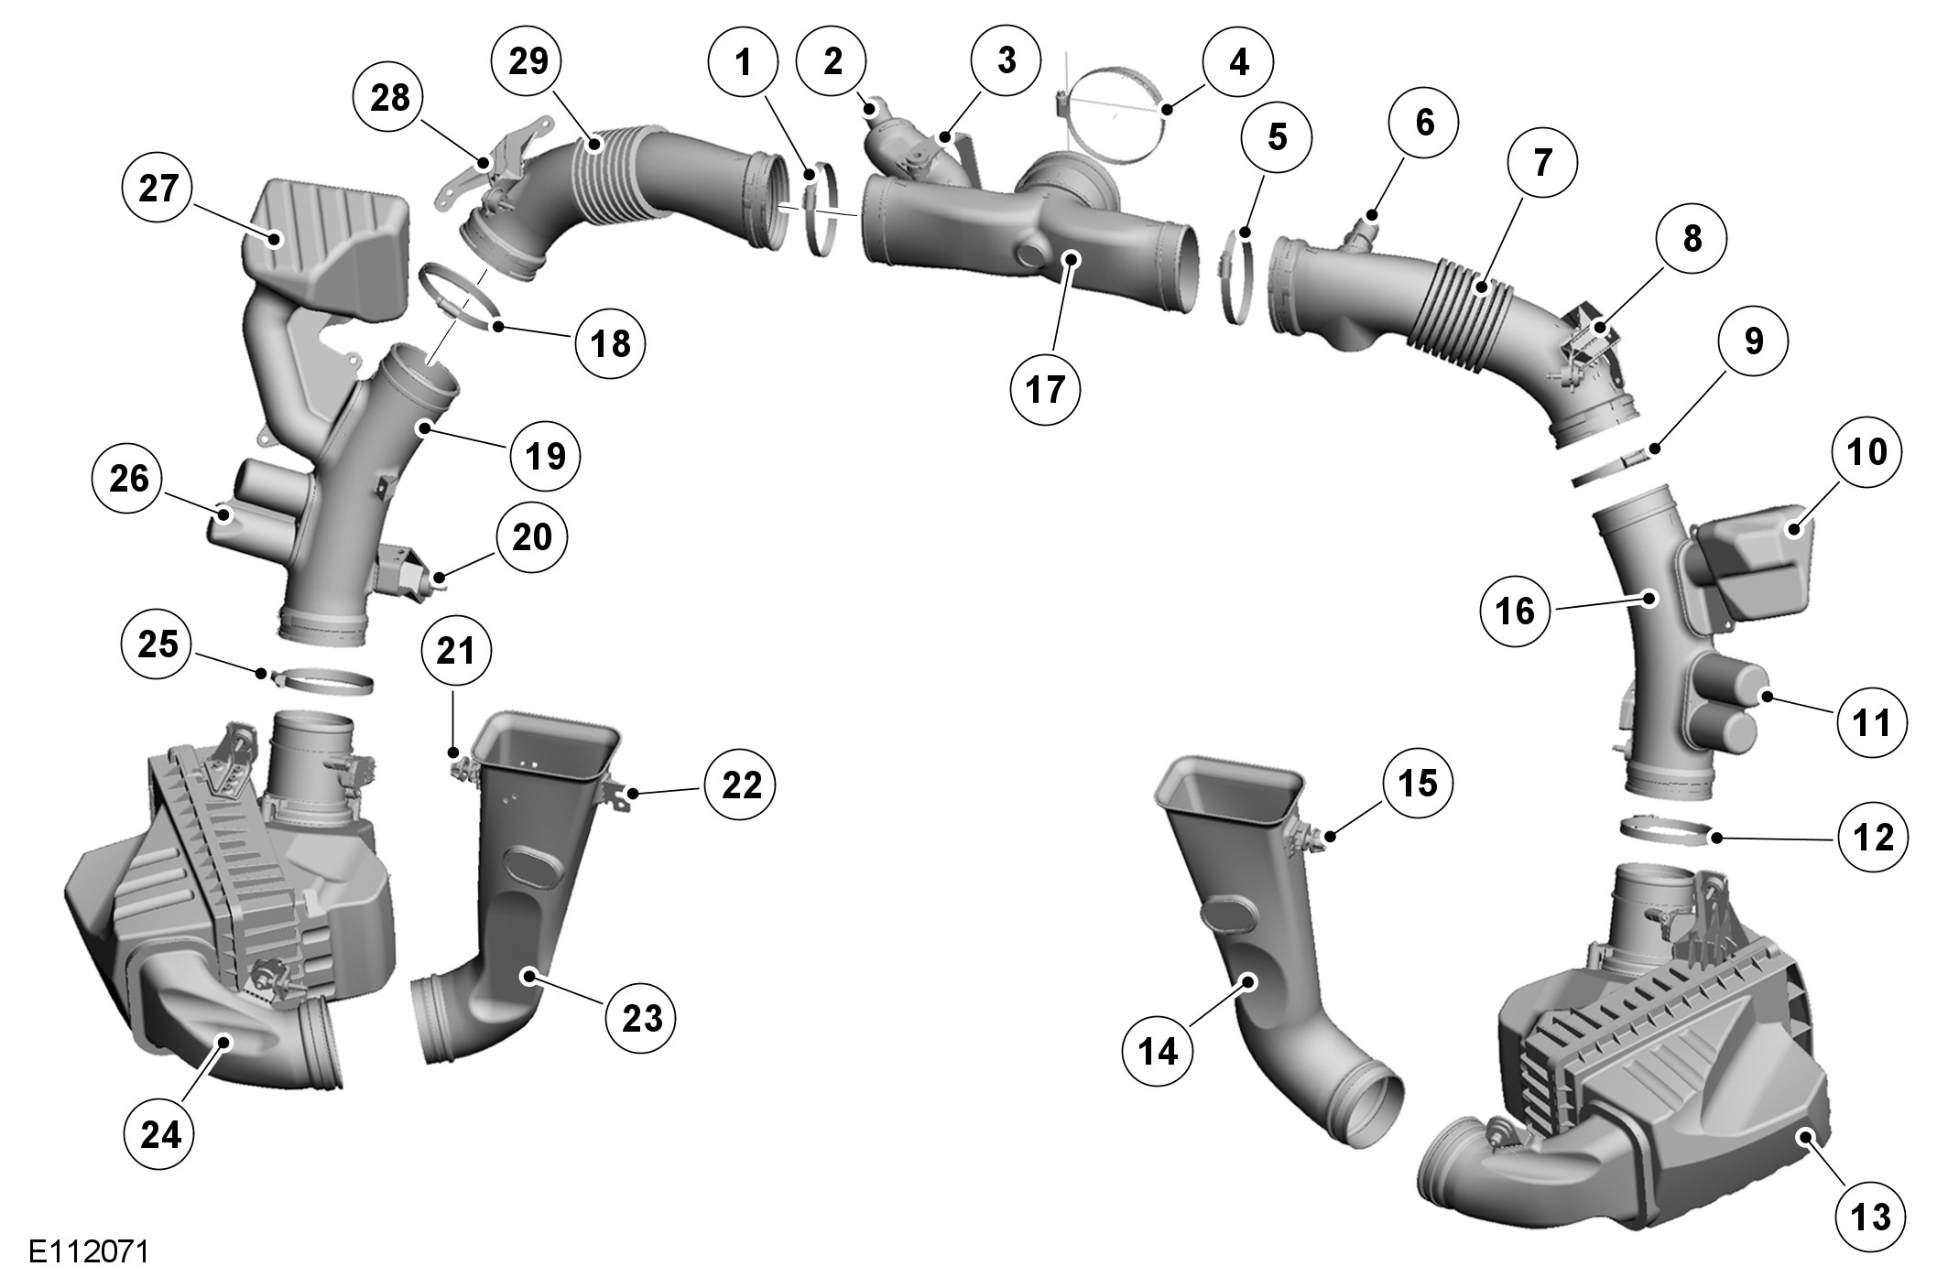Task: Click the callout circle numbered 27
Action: pos(158,189)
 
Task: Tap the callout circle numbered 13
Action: pos(1871,1217)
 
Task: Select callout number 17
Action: pos(1045,389)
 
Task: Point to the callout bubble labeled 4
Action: pos(1239,62)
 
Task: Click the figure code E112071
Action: pos(89,1251)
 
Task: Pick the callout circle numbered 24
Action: pos(160,1135)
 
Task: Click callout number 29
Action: pos(528,61)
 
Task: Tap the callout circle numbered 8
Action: pos(1692,239)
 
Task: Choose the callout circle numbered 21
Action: pos(456,651)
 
